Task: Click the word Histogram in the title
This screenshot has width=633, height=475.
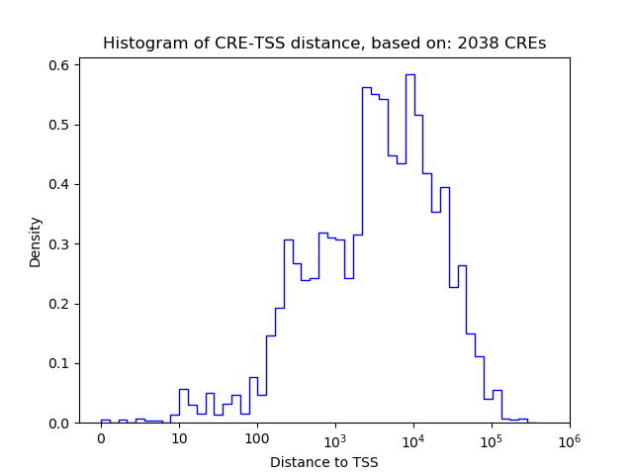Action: (141, 44)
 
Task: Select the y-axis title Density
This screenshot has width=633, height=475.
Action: (36, 241)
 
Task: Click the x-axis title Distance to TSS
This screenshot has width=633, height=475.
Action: (323, 462)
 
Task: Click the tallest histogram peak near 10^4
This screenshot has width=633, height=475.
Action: (409, 76)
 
